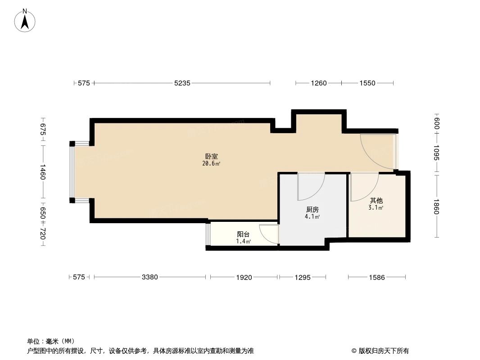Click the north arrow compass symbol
click(x=25, y=21)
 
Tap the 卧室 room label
click(x=211, y=157)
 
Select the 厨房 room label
click(x=312, y=210)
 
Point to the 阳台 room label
click(x=243, y=234)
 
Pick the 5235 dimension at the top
click(x=182, y=83)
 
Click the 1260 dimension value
click(x=318, y=83)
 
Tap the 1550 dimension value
click(x=367, y=83)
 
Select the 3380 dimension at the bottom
click(x=149, y=278)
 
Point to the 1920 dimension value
click(x=244, y=278)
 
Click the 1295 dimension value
click(x=303, y=278)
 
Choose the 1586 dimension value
click(x=376, y=278)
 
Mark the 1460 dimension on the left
click(x=43, y=171)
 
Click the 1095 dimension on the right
click(x=436, y=153)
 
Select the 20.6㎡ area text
click(x=211, y=164)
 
